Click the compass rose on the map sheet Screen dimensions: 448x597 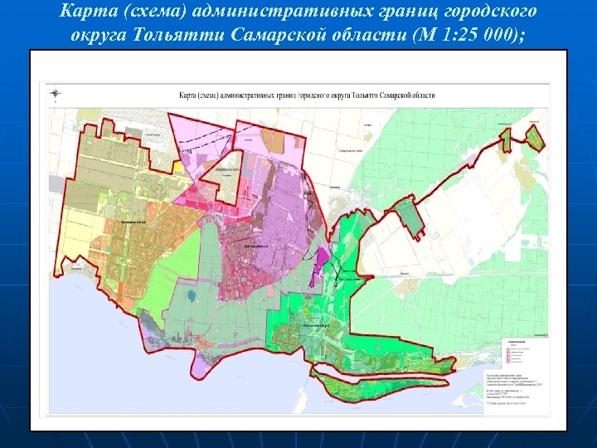(x=55, y=94)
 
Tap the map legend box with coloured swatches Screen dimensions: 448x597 (x=521, y=357)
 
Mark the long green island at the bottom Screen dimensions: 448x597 (x=381, y=386)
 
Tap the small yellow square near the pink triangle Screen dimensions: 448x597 (x=178, y=166)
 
